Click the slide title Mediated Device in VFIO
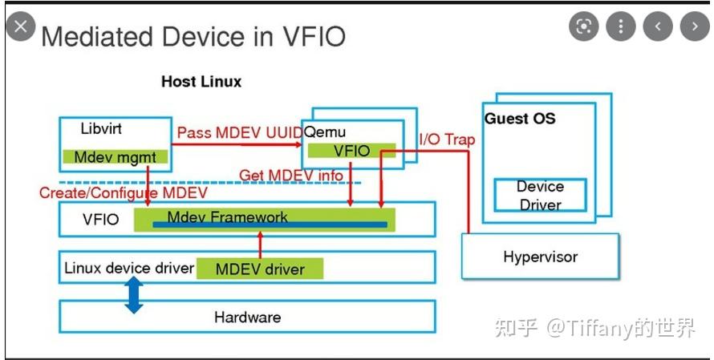pyautogui.click(x=193, y=36)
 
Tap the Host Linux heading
pyautogui.click(x=201, y=82)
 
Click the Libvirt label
pyautogui.click(x=101, y=129)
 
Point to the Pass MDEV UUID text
pyautogui.click(x=239, y=132)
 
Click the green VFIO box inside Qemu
pyautogui.click(x=352, y=151)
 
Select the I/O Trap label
pyautogui.click(x=447, y=140)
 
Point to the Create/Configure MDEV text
pyautogui.click(x=123, y=193)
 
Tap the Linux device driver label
pyautogui.click(x=128, y=268)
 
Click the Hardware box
pyautogui.click(x=247, y=317)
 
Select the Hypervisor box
pyautogui.click(x=540, y=257)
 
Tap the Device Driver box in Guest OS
pyautogui.click(x=540, y=195)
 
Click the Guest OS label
pyautogui.click(x=520, y=119)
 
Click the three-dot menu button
pyautogui.click(x=620, y=26)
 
